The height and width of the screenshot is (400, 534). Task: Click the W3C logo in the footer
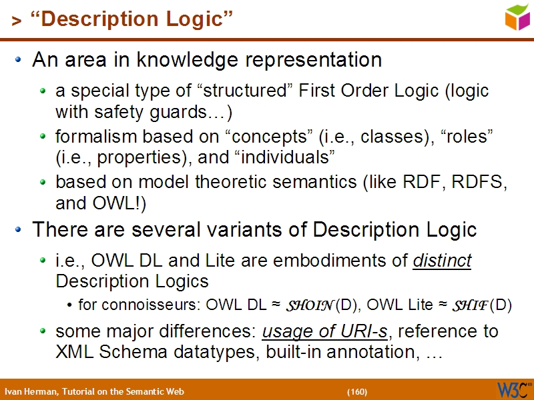coord(514,389)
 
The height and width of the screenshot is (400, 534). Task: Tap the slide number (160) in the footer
coord(357,391)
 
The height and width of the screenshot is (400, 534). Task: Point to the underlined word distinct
coord(442,261)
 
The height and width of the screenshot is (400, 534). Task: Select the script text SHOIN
coord(309,306)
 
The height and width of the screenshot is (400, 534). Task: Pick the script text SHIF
coord(469,306)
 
